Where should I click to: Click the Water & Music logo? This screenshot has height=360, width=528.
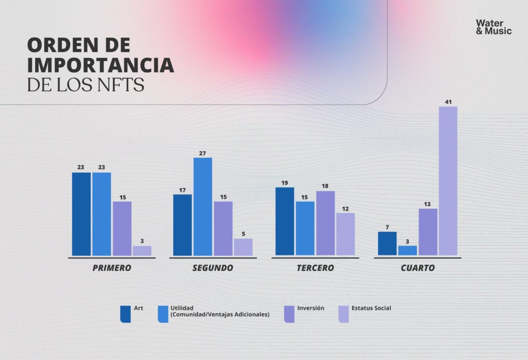tap(493, 27)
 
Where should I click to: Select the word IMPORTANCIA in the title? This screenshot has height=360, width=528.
tap(101, 66)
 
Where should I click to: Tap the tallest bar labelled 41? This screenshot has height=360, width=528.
tap(448, 181)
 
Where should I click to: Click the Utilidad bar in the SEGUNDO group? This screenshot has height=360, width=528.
tap(203, 206)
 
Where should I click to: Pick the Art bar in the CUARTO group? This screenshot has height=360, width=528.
tap(387, 243)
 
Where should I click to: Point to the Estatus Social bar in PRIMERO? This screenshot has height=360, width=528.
tap(142, 251)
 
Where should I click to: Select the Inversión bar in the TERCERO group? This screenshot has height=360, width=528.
tap(325, 223)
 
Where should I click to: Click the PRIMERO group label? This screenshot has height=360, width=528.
tap(111, 268)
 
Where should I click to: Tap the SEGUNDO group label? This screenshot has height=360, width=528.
tap(212, 268)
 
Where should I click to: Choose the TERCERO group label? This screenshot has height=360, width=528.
tap(315, 268)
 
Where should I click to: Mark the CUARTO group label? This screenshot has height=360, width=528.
tap(417, 268)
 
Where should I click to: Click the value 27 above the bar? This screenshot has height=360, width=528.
tap(203, 153)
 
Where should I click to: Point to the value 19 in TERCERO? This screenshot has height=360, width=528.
tap(285, 183)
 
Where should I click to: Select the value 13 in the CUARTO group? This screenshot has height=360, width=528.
tap(427, 204)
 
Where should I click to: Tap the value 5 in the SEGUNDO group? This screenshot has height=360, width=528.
tap(243, 234)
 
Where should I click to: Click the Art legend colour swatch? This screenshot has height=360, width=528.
tap(125, 314)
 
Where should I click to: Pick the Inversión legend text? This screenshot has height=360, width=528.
tap(310, 308)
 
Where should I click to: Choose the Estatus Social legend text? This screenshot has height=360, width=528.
tap(371, 308)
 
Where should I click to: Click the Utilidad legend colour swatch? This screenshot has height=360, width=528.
tap(163, 314)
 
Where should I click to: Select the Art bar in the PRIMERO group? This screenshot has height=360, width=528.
tap(81, 214)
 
